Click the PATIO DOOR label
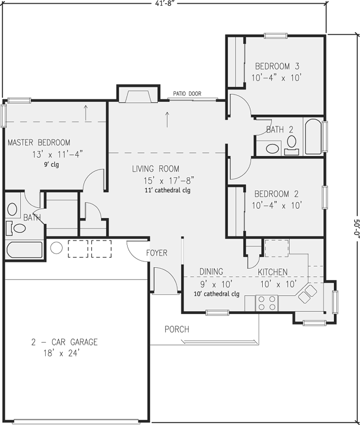pyautogui.click(x=187, y=94)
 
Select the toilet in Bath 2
pyautogui.click(x=291, y=142)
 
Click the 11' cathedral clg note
pyautogui.click(x=168, y=190)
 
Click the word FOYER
pyautogui.click(x=156, y=253)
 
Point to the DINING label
pyautogui.click(x=211, y=271)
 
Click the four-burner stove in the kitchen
pyautogui.click(x=266, y=302)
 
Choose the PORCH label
pyautogui.click(x=177, y=329)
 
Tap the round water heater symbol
pyautogui.click(x=56, y=247)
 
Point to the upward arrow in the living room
pyautogui.click(x=168, y=119)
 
